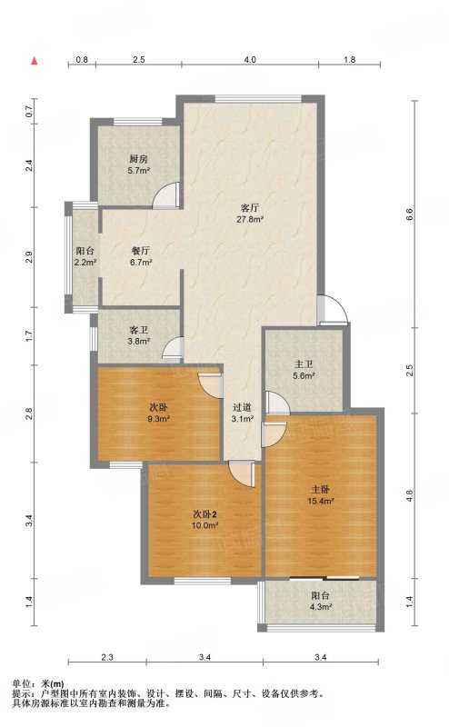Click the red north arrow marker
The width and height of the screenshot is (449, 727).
pyautogui.click(x=34, y=61)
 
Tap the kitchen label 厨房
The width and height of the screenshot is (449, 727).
pyautogui.click(x=139, y=159)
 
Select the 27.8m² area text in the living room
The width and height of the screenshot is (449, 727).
pyautogui.click(x=251, y=219)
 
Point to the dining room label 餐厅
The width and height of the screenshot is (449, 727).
pyautogui.click(x=141, y=251)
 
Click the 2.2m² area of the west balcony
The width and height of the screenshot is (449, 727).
pyautogui.click(x=85, y=263)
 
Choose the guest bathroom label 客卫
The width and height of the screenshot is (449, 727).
pyautogui.click(x=139, y=330)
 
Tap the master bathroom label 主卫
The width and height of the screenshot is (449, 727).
pyautogui.click(x=304, y=364)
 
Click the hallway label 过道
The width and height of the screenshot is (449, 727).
pyautogui.click(x=242, y=407)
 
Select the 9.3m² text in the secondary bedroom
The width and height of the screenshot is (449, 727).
pyautogui.click(x=158, y=419)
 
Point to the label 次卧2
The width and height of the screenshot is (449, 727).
pyautogui.click(x=205, y=514)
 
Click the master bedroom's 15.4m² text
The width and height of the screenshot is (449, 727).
pyautogui.click(x=321, y=501)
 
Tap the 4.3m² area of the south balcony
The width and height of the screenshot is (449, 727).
pyautogui.click(x=321, y=607)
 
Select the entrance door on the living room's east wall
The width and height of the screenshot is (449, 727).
pyautogui.click(x=333, y=309)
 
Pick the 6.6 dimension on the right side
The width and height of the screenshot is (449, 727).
pyautogui.click(x=409, y=214)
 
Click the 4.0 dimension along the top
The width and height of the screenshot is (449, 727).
pyautogui.click(x=250, y=59)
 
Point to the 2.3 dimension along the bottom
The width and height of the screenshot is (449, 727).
pyautogui.click(x=107, y=657)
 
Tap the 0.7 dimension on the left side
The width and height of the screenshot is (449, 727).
pyautogui.click(x=29, y=111)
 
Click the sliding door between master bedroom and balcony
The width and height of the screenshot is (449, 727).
pyautogui.click(x=324, y=578)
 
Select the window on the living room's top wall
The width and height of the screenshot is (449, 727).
pyautogui.click(x=258, y=98)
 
